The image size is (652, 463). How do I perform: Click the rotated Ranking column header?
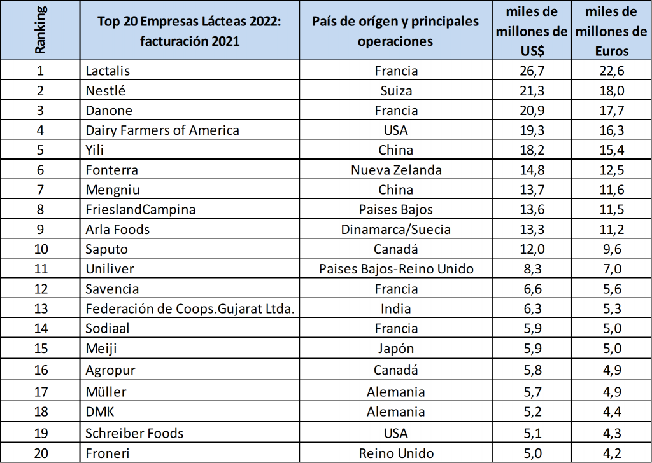point(39,31)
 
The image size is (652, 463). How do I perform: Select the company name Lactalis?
point(108,70)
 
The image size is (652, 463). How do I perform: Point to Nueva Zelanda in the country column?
point(396,170)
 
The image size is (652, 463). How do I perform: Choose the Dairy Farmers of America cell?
point(162,130)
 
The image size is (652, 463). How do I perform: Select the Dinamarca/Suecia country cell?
point(396,229)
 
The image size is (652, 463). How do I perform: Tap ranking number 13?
point(39,308)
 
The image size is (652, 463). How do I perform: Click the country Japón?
point(396,349)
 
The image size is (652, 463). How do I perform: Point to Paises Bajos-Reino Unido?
point(396,269)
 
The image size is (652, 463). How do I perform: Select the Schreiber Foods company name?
point(134,433)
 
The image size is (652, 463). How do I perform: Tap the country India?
point(396,308)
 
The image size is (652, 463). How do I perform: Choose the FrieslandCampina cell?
point(140,209)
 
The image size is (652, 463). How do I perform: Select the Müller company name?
point(106,392)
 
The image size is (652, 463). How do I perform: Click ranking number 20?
point(39,453)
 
